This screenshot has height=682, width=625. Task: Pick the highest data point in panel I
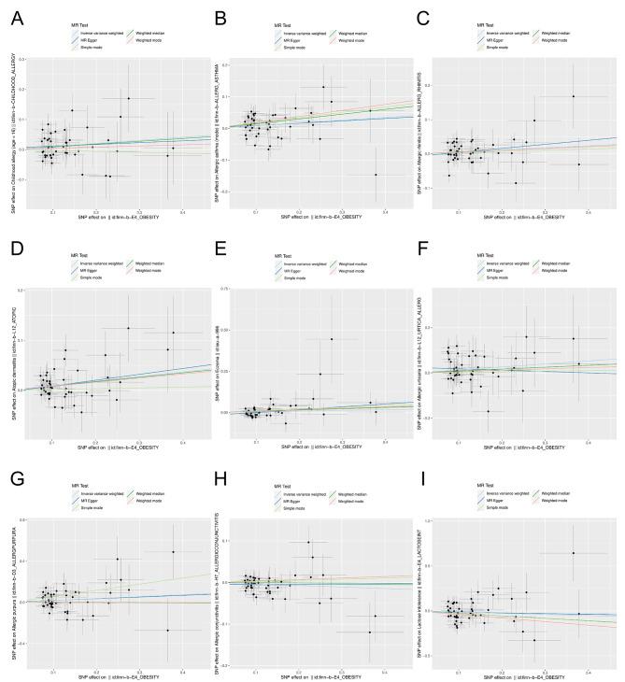point(573,553)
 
